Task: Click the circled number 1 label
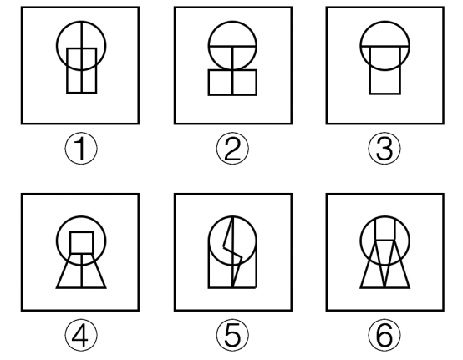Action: coord(81,149)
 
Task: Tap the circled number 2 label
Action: coord(232,149)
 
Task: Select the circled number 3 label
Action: coord(384,149)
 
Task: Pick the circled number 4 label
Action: coord(81,335)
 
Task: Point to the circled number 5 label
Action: coord(232,335)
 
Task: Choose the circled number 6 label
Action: coord(384,335)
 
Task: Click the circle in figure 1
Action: coord(57,46)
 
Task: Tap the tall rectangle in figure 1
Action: coord(68,71)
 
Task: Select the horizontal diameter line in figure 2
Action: coord(232,46)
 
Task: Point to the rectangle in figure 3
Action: coord(370,71)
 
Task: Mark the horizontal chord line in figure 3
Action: coord(384,46)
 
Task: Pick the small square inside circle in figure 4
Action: coord(71,242)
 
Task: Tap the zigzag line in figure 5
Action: coord(233,251)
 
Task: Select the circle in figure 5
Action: coord(209,241)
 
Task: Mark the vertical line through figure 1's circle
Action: coord(82,58)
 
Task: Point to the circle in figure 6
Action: coord(360,241)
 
